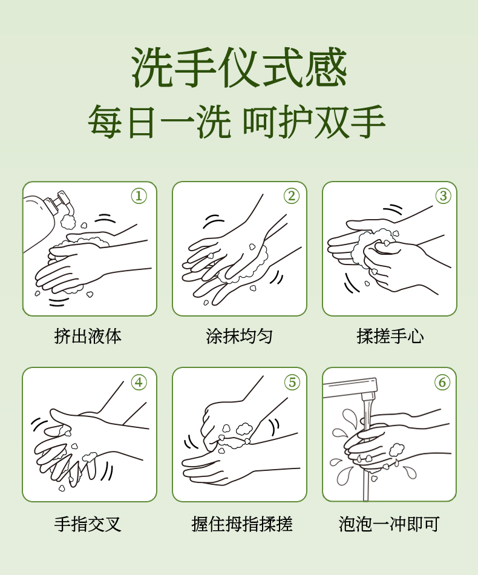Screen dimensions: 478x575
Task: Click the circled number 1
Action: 139,196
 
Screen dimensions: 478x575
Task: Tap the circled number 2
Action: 292,196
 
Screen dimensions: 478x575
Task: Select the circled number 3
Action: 443,196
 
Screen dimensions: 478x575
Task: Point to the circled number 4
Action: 139,383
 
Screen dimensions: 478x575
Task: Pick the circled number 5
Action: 292,383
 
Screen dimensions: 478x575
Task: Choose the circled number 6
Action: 442,383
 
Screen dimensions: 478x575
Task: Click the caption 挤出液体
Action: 88,336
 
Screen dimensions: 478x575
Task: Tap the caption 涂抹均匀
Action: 239,336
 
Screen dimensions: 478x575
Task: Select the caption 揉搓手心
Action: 390,336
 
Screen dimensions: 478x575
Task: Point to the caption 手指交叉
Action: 88,524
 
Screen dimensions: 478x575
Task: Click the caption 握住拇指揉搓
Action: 241,524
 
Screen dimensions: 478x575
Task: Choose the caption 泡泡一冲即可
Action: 389,524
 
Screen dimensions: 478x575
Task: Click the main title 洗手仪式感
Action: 239,68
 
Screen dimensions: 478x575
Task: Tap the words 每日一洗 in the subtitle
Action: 160,122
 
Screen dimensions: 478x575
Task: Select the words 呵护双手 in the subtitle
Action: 314,122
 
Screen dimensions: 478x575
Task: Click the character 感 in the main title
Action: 326,68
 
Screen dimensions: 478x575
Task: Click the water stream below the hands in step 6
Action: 365,485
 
